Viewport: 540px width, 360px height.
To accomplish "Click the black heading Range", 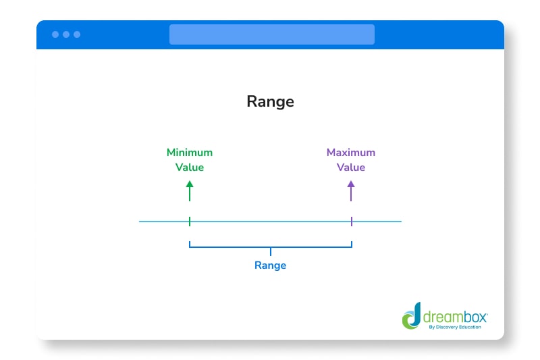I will [270, 101].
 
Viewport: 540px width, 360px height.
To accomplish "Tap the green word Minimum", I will [190, 153].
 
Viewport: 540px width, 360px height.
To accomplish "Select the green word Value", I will [190, 168].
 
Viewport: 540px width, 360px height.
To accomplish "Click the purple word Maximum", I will [351, 153].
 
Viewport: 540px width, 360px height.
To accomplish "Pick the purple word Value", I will [351, 168].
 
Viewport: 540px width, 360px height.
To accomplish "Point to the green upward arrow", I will [190, 190].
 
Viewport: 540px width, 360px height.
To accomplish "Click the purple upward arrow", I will [351, 190].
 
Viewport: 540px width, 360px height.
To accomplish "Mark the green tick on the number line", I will [190, 221].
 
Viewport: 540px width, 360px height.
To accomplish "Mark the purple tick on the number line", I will [351, 221].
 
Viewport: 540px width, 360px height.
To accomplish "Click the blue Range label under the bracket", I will [270, 265].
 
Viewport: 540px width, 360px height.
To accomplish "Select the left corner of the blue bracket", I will [190, 247].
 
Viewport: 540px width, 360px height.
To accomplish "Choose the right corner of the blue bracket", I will [351, 247].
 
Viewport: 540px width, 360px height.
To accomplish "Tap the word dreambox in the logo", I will [454, 315].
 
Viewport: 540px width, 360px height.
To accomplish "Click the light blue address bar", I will [271, 34].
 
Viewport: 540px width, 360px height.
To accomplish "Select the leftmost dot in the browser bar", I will [55, 34].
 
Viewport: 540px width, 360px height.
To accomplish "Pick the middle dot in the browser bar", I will [66, 34].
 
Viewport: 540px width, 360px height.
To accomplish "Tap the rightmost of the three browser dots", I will [77, 34].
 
